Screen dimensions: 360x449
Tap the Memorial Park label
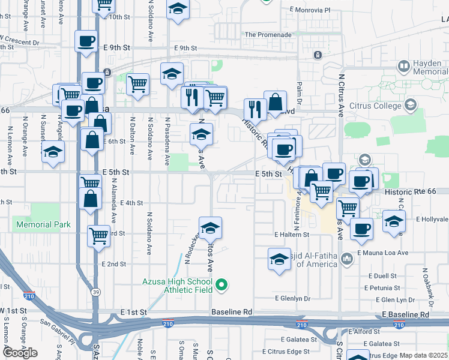(44, 225)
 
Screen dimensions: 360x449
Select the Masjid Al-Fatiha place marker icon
(346, 259)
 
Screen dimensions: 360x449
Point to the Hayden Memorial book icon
(403, 65)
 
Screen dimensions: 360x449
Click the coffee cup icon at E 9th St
(86, 41)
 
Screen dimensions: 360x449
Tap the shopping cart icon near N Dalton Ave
(138, 84)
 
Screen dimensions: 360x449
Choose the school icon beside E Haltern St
(279, 259)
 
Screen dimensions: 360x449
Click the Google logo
(20, 353)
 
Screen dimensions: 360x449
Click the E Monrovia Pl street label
(310, 10)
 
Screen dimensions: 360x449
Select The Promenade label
(268, 35)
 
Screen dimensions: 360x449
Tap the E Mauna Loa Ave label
(382, 253)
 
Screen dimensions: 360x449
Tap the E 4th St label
(131, 203)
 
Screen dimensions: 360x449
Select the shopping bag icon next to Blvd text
(275, 102)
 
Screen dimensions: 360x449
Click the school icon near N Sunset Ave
(53, 152)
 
